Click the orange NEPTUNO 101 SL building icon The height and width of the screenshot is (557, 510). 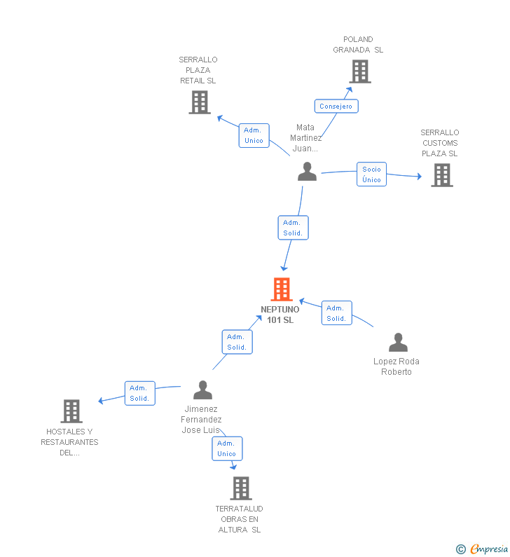click(x=282, y=289)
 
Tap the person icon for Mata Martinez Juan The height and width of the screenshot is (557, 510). click(x=308, y=172)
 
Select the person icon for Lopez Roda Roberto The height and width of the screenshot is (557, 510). click(x=398, y=343)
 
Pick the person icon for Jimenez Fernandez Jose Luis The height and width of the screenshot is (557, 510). click(x=202, y=390)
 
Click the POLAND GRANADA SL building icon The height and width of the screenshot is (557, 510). click(x=360, y=71)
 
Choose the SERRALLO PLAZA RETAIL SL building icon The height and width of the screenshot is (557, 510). click(x=200, y=102)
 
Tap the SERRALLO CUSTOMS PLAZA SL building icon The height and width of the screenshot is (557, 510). click(x=442, y=175)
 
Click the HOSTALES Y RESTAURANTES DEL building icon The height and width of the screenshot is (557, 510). click(x=71, y=411)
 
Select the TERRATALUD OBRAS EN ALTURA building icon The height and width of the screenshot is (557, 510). click(x=241, y=488)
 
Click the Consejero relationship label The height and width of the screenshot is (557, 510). click(x=336, y=106)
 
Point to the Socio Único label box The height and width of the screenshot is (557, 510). click(x=371, y=174)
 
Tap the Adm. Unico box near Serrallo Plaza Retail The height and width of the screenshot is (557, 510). click(x=254, y=135)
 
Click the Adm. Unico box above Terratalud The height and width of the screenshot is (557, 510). click(x=227, y=448)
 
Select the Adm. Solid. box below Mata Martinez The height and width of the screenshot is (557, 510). click(x=293, y=228)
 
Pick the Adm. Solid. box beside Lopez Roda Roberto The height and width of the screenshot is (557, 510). click(x=337, y=313)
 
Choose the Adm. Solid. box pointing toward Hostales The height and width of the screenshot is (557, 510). click(x=140, y=393)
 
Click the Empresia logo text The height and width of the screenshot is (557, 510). click(x=489, y=549)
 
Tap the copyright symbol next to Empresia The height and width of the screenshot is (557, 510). click(x=461, y=549)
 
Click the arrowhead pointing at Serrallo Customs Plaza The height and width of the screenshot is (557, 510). click(x=420, y=176)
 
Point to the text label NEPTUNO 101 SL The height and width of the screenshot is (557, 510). click(x=280, y=315)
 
